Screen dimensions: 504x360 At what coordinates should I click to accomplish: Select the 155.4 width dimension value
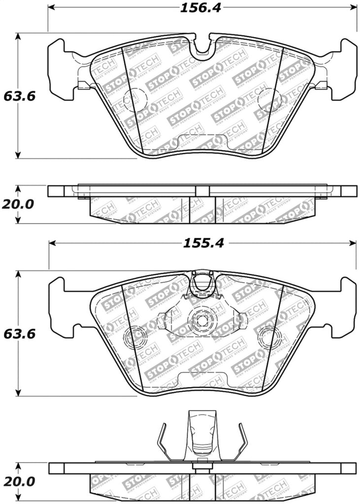[202, 243]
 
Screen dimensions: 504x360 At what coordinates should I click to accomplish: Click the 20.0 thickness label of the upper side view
[19, 204]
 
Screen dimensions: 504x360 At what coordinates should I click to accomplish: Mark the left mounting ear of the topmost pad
[62, 69]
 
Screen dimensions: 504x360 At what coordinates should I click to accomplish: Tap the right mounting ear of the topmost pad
[343, 69]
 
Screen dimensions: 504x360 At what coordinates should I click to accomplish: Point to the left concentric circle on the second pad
[134, 337]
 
